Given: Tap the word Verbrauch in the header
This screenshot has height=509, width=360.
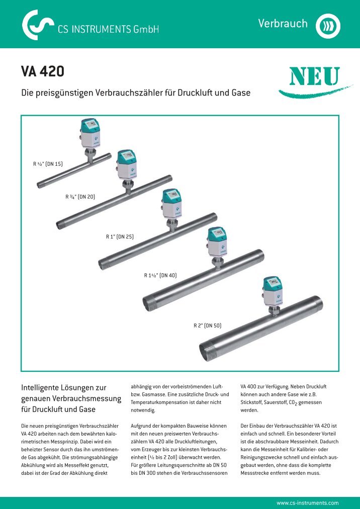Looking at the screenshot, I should pyautogui.click(x=283, y=24).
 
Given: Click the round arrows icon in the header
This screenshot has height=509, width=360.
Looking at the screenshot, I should pyautogui.click(x=328, y=25).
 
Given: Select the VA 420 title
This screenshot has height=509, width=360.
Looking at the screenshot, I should pyautogui.click(x=42, y=72).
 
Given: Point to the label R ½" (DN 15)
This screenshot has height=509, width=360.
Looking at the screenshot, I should pyautogui.click(x=48, y=163).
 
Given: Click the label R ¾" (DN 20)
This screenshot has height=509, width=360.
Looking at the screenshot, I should pyautogui.click(x=80, y=196).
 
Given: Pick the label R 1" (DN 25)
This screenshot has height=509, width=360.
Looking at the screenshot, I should pyautogui.click(x=119, y=236).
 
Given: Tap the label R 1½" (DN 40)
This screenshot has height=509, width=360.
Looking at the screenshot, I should pyautogui.click(x=160, y=275).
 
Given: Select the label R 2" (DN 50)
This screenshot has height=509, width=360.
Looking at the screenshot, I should pyautogui.click(x=207, y=326).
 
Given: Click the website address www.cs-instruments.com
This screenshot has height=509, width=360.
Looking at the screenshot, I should pyautogui.click(x=308, y=502).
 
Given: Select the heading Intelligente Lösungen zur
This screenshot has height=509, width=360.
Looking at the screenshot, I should pyautogui.click(x=63, y=388).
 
